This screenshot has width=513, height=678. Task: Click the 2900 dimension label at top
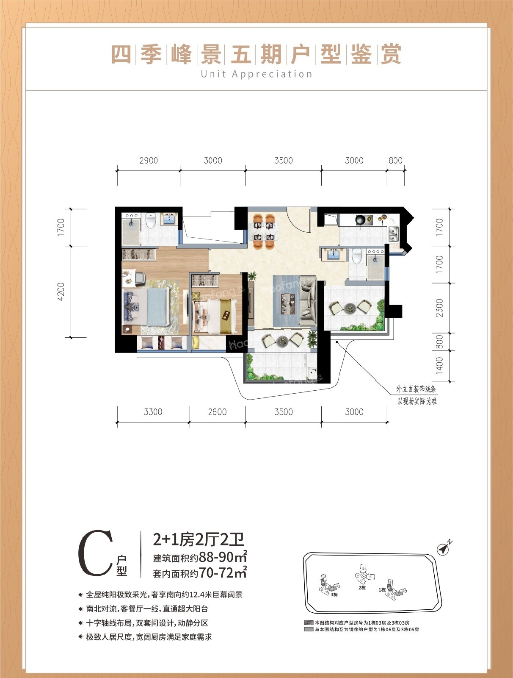(x=148, y=161)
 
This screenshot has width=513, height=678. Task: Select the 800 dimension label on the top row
(x=395, y=161)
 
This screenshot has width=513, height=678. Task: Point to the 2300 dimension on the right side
(x=439, y=307)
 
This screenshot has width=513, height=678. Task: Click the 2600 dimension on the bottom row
(x=217, y=412)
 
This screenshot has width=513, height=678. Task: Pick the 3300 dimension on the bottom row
(x=153, y=412)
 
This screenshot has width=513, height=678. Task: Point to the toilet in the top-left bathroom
(x=151, y=221)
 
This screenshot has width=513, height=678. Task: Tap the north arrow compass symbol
(x=444, y=548)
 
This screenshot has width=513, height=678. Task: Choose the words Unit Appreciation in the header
(x=256, y=74)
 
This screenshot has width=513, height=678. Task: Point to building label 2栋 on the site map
(x=362, y=587)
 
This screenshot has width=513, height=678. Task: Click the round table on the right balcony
(x=350, y=308)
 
